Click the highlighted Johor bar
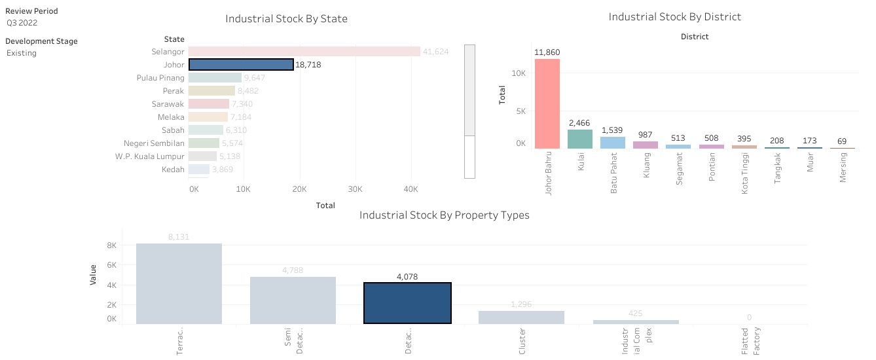click(x=241, y=65)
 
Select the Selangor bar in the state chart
click(x=304, y=52)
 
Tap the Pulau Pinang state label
click(x=160, y=78)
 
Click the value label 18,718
click(x=308, y=65)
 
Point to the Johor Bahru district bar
click(x=547, y=104)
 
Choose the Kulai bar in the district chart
click(x=580, y=139)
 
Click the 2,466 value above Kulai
click(x=580, y=122)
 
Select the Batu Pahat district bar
click(x=613, y=143)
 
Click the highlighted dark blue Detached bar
click(x=407, y=303)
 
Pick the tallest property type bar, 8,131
click(x=179, y=283)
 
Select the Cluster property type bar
click(x=521, y=317)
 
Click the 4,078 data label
click(x=407, y=277)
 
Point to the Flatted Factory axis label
click(x=750, y=341)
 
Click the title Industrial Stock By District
click(x=675, y=17)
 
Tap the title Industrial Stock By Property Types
click(x=444, y=215)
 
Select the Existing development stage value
click(x=22, y=53)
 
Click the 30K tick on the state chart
click(x=355, y=189)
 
